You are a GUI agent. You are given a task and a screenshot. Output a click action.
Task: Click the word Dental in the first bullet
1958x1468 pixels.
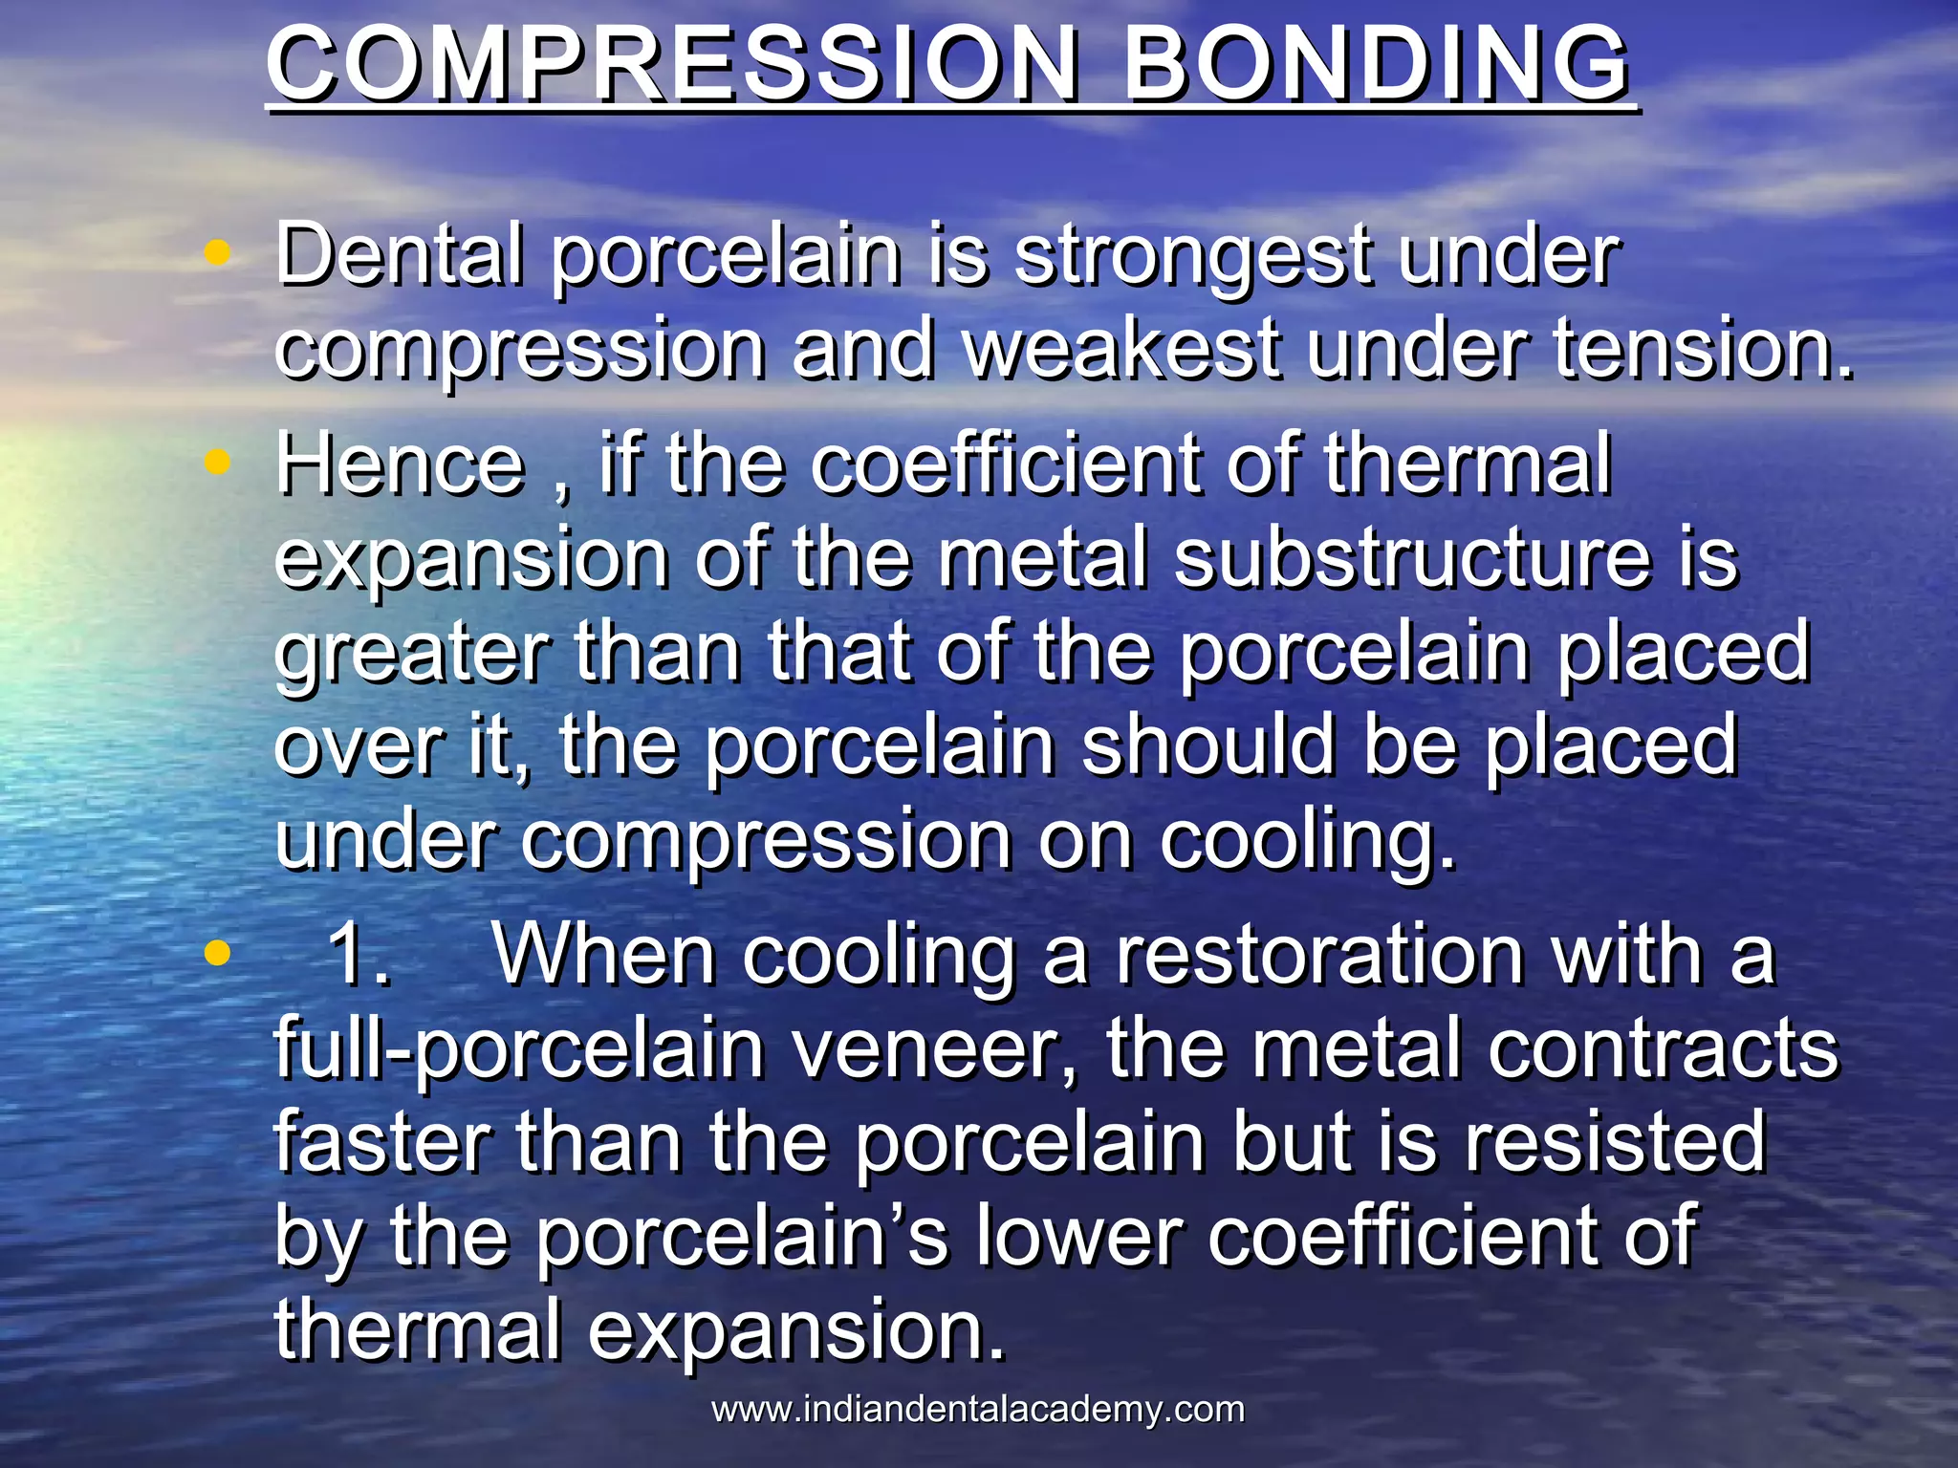click(400, 254)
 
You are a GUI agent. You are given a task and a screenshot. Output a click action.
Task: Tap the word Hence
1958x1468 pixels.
click(400, 464)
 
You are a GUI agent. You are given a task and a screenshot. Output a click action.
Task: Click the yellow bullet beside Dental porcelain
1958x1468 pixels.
click(218, 253)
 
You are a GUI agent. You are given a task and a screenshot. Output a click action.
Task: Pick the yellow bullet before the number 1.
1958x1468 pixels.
click(218, 953)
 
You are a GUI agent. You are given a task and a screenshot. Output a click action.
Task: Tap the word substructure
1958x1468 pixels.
click(1411, 558)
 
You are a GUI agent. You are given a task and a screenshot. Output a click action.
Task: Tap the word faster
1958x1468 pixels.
click(382, 1143)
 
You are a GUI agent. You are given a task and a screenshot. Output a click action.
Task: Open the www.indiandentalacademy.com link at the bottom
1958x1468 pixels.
click(978, 1410)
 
